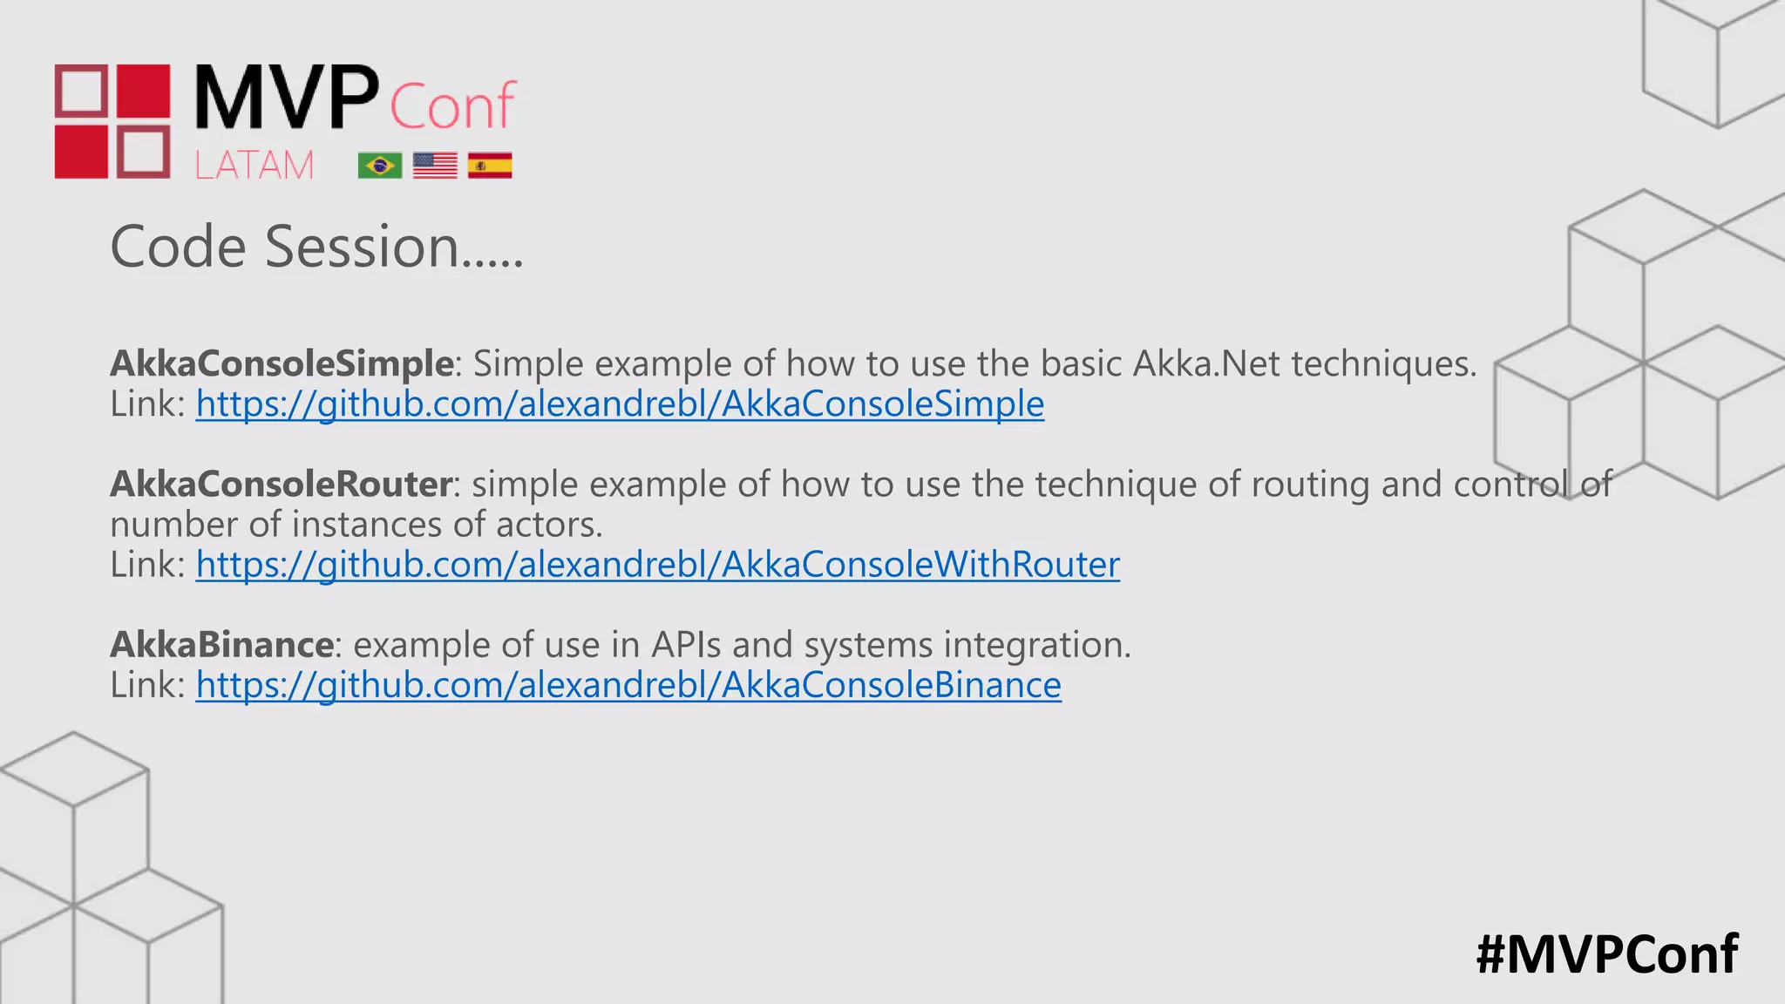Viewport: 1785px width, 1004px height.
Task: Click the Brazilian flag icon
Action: click(380, 166)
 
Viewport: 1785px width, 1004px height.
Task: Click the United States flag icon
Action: click(435, 166)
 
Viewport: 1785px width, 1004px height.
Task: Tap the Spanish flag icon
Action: click(490, 166)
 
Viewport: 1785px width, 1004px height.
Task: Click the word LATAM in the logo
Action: click(254, 166)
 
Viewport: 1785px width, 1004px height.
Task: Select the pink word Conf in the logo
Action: click(452, 106)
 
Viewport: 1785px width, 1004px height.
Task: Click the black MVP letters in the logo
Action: click(287, 98)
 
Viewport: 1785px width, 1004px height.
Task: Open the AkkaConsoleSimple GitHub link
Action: click(620, 404)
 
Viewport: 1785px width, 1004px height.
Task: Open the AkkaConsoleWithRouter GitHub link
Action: click(657, 565)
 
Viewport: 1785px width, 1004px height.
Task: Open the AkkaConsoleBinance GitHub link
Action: click(628, 685)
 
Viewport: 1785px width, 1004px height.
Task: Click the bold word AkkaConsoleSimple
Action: click(282, 363)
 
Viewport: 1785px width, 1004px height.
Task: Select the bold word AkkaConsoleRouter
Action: click(281, 484)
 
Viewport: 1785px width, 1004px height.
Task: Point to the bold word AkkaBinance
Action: click(221, 645)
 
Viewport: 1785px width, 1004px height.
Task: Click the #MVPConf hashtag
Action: click(1606, 954)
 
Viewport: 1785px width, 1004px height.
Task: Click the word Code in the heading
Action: click(179, 247)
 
